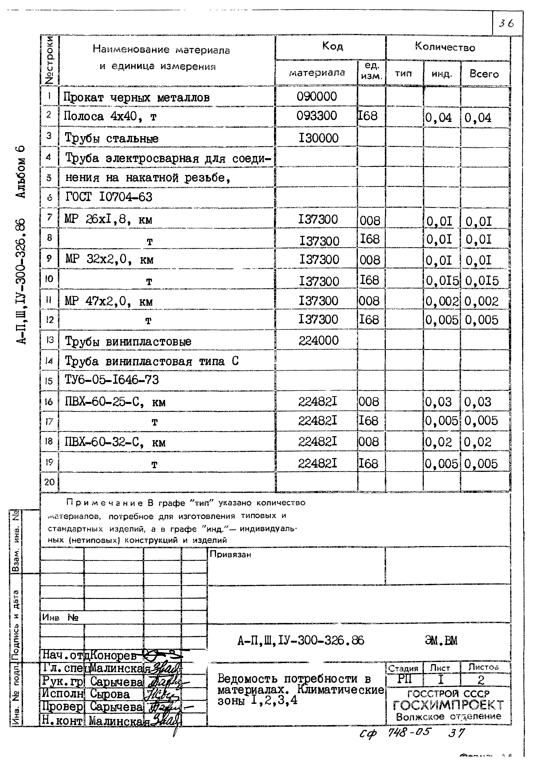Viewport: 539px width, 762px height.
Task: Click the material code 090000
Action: (317, 97)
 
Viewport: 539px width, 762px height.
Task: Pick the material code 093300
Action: (317, 116)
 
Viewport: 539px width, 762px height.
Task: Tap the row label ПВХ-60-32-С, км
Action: (115, 443)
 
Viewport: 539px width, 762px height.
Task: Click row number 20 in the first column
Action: (49, 482)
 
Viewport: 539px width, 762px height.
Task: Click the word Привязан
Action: (230, 555)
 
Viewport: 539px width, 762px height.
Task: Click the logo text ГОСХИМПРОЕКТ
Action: (448, 705)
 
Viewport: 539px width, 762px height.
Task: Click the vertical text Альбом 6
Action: (21, 172)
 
